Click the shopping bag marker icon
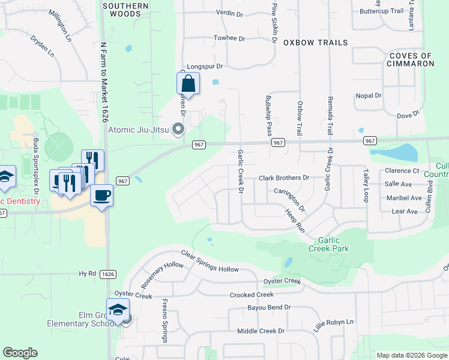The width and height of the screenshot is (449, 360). [188, 84]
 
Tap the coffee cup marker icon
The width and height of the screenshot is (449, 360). [101, 195]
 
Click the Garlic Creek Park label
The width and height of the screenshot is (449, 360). [328, 244]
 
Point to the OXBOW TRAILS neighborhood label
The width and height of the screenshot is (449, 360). [315, 43]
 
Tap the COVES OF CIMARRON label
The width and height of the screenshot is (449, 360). [411, 59]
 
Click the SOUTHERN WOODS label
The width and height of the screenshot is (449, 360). [125, 9]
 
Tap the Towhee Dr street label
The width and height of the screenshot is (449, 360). [229, 38]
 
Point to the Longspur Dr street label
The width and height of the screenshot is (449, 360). [205, 67]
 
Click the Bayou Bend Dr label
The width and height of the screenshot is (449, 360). [269, 307]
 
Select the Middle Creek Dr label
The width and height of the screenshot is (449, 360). [261, 331]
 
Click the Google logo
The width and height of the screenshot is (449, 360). [20, 353]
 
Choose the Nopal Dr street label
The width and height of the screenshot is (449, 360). [369, 95]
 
